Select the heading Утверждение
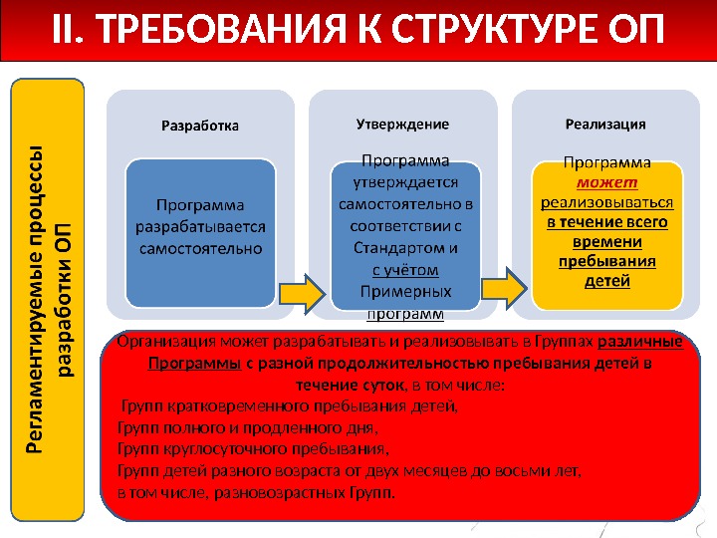[x=402, y=125]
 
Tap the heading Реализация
[x=604, y=125]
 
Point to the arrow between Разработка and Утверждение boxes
[x=302, y=292]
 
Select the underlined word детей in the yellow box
[x=607, y=281]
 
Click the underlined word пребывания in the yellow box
[x=607, y=262]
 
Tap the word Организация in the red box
[x=164, y=343]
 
